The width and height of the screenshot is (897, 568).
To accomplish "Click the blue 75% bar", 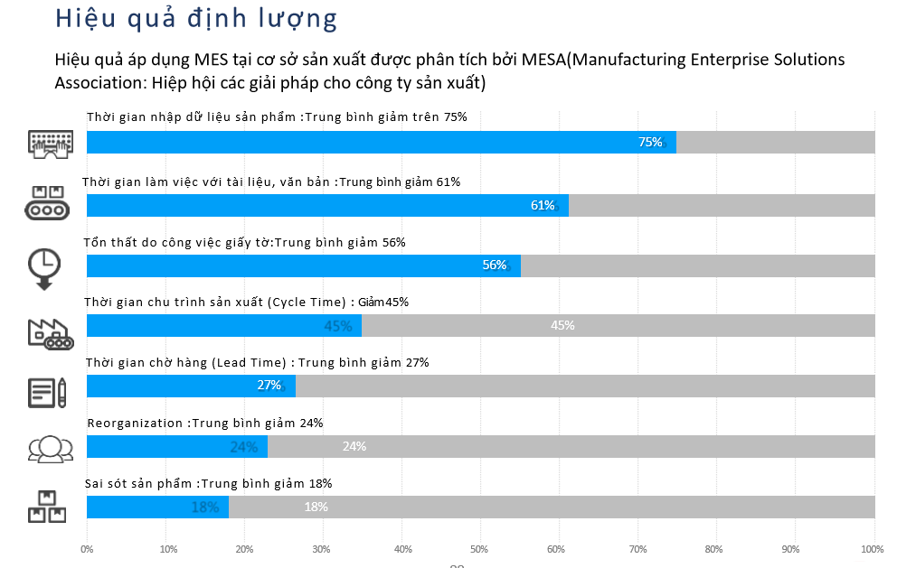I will click(380, 142).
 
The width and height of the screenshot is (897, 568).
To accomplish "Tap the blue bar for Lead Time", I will click(190, 386).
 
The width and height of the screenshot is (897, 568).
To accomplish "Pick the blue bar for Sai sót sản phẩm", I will click(156, 507).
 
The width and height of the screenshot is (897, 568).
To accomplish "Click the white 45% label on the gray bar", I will click(562, 325).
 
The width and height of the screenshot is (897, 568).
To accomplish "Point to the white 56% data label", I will click(495, 265).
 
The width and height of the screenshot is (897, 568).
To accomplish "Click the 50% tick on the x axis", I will click(480, 548).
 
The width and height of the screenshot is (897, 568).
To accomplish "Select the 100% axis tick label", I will click(872, 548).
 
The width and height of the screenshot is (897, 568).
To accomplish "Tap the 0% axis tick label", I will click(87, 548).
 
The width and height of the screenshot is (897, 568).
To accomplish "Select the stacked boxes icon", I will click(47, 507).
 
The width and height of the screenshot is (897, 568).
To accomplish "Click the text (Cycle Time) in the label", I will click(307, 302).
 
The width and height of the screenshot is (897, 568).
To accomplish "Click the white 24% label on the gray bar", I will click(354, 446).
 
